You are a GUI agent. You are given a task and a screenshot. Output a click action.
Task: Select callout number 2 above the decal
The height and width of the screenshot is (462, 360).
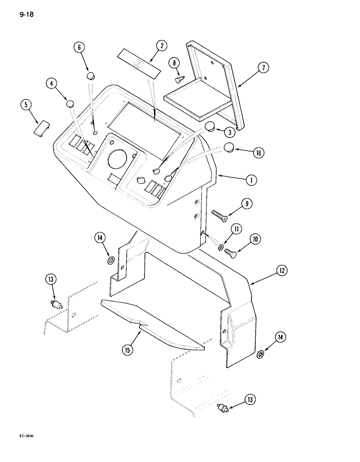coord(161,46)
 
